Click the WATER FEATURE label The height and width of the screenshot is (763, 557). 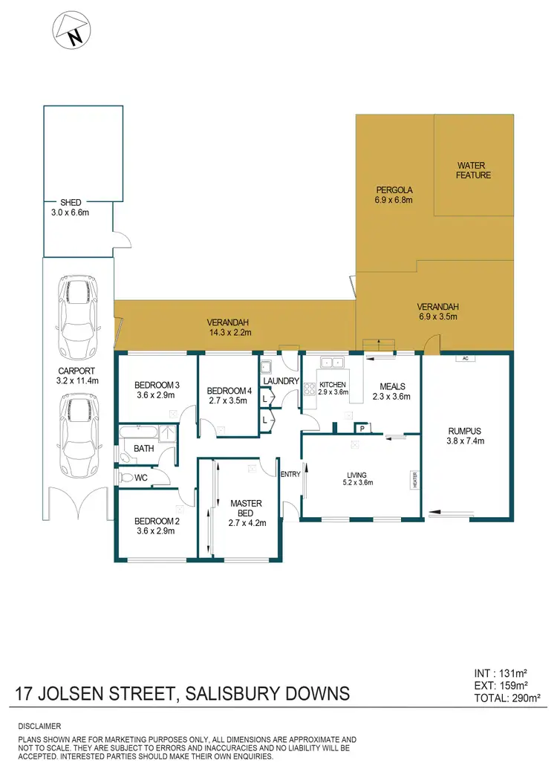474,170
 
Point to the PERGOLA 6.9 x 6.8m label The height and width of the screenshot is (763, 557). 394,195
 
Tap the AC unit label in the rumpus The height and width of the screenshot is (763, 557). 466,358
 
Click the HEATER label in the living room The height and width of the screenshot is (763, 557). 417,481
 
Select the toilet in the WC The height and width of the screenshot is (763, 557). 127,478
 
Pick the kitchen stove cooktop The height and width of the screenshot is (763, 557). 308,386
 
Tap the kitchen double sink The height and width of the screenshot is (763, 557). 330,362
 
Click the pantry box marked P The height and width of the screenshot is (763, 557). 362,428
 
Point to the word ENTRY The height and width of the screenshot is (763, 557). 289,473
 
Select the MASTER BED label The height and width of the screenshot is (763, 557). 242,508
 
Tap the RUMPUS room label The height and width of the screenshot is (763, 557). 466,430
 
